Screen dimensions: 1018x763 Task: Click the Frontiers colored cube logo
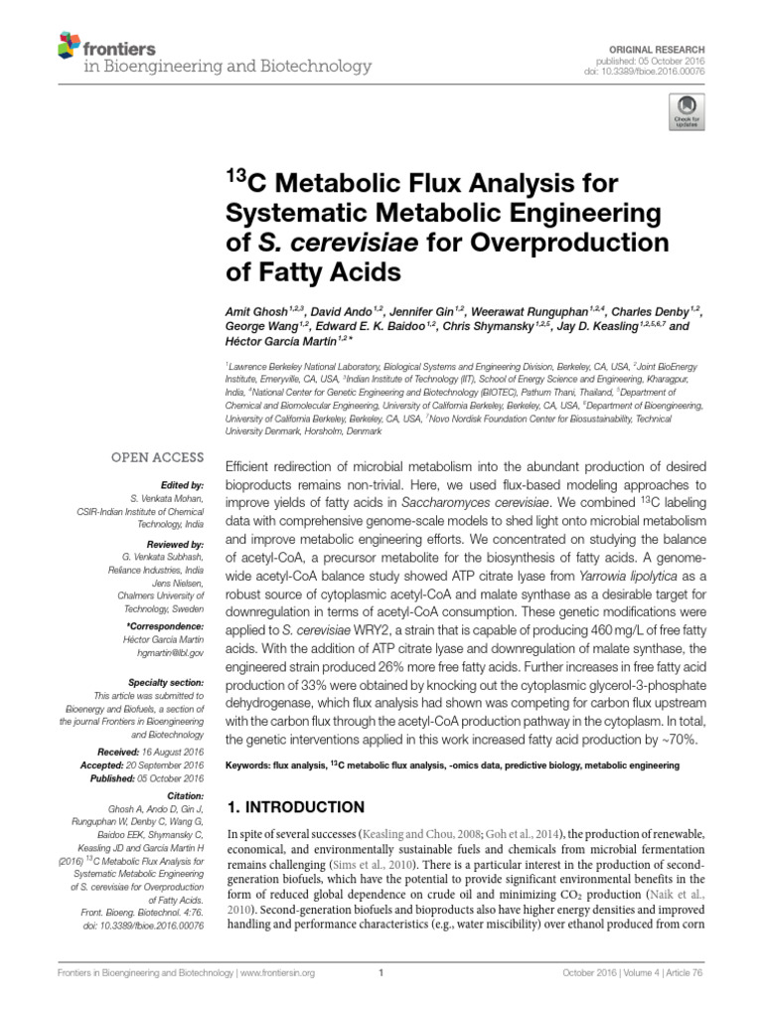point(68,45)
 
